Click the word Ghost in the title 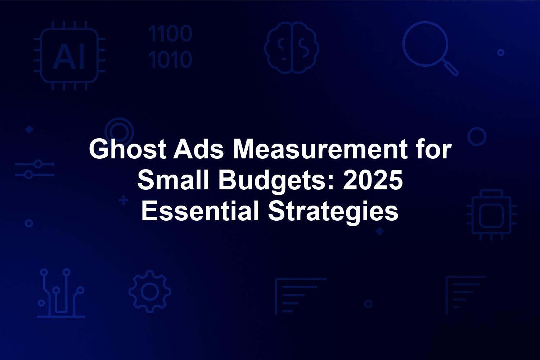(x=128, y=149)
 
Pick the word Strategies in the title (x=333, y=212)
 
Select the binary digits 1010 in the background (x=170, y=59)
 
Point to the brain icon (x=292, y=48)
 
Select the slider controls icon (x=35, y=169)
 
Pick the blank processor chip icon (x=491, y=215)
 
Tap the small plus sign (x=124, y=201)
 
